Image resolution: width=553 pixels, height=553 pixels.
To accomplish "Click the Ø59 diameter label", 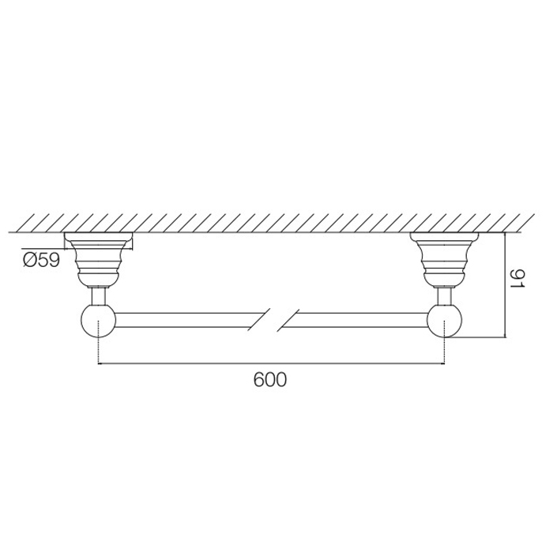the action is (x=41, y=261).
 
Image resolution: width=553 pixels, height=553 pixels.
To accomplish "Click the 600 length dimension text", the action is (x=270, y=380).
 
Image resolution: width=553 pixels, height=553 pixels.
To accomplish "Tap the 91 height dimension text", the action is (x=517, y=279).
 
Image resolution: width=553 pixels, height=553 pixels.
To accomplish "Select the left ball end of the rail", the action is (x=99, y=321).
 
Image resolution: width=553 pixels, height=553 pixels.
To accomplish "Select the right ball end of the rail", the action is (x=444, y=321).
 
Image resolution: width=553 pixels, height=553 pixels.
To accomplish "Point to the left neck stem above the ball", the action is (x=99, y=295).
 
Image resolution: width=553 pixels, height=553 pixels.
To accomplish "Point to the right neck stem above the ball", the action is (x=444, y=295).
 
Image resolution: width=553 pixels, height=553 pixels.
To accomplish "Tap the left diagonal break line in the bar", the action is (x=259, y=320).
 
